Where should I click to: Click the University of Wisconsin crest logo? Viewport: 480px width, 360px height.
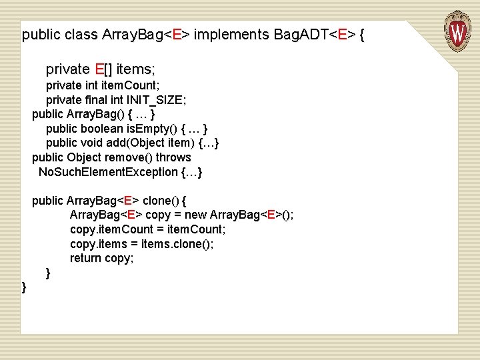pyautogui.click(x=457, y=30)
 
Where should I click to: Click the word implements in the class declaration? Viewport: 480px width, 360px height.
pyautogui.click(x=231, y=35)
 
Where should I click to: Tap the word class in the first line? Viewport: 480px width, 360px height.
pyautogui.click(x=83, y=35)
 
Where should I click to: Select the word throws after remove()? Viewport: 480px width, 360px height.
pyautogui.click(x=173, y=157)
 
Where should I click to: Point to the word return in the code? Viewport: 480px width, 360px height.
pyautogui.click(x=86, y=258)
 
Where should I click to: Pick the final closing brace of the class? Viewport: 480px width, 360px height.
pyautogui.click(x=25, y=287)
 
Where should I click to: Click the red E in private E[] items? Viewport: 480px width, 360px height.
pyautogui.click(x=99, y=69)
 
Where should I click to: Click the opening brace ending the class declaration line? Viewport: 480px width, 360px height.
pyautogui.click(x=361, y=35)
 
